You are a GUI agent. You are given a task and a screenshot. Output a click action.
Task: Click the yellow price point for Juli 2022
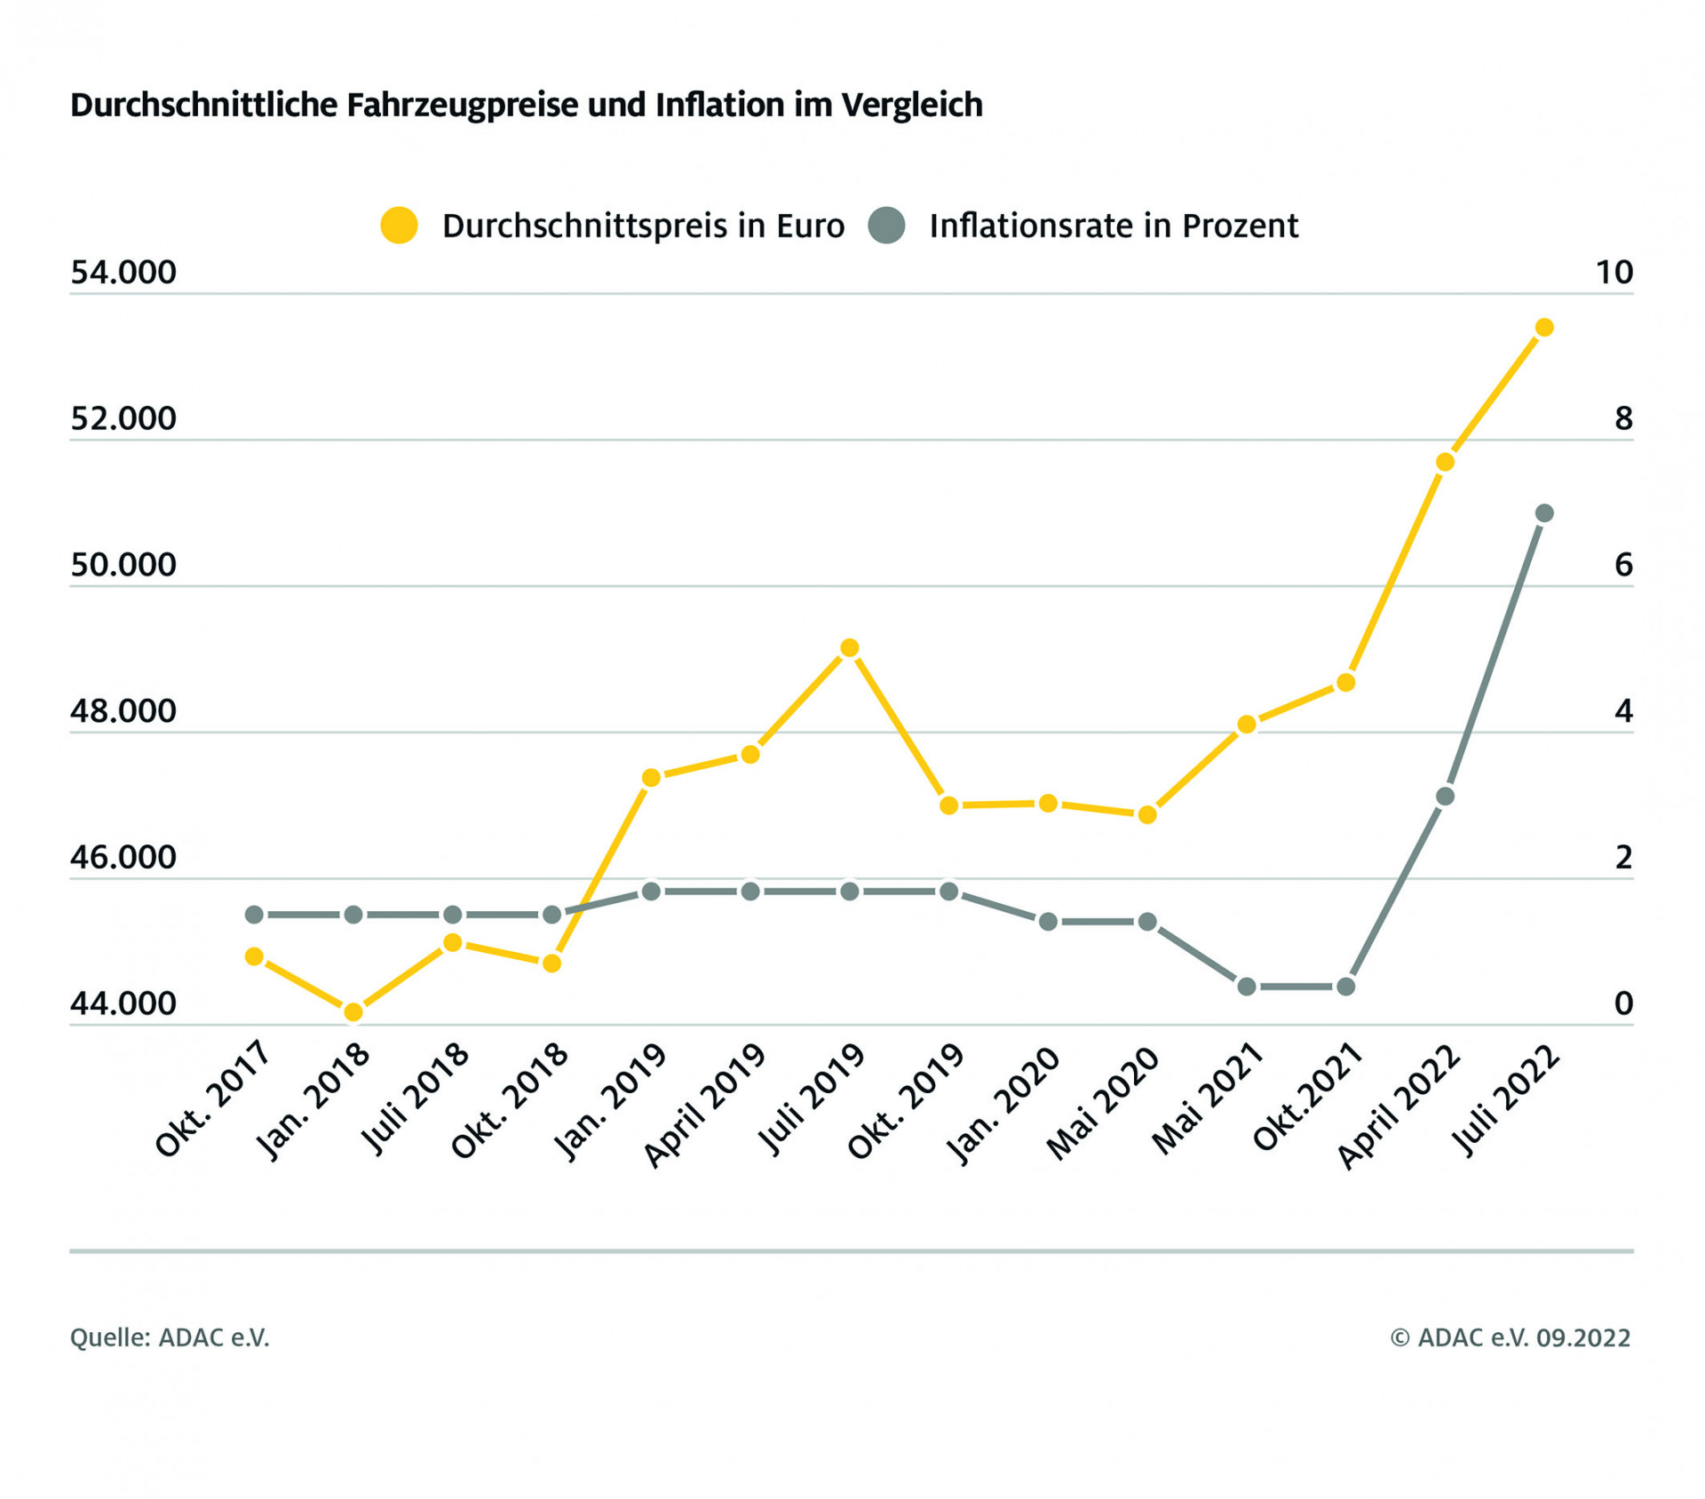1544,328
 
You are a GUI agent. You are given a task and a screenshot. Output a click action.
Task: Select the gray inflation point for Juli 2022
1544,513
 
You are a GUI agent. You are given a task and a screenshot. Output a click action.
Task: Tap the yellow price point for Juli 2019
850,648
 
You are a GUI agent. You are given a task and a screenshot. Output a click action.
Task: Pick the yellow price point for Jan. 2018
353,1011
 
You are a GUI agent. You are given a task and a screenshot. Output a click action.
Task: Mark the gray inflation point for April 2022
1445,797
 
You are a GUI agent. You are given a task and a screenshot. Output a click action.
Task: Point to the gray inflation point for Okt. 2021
1346,987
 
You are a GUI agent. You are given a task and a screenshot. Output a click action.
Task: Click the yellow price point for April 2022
1445,462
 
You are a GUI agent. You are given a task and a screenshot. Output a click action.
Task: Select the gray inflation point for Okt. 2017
254,915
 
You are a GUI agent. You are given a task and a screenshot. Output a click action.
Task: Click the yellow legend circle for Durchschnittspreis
399,226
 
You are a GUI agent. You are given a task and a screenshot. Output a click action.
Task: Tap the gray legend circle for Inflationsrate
886,226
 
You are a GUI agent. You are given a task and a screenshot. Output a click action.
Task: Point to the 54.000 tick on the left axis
123,273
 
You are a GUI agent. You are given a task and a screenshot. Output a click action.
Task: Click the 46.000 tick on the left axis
123,858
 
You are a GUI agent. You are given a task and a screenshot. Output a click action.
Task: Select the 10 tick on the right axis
1614,273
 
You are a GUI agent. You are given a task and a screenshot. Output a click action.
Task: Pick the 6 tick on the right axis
1623,565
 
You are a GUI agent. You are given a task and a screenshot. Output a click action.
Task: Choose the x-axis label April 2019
705,1106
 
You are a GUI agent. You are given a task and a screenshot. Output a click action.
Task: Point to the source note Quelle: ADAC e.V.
170,1337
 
